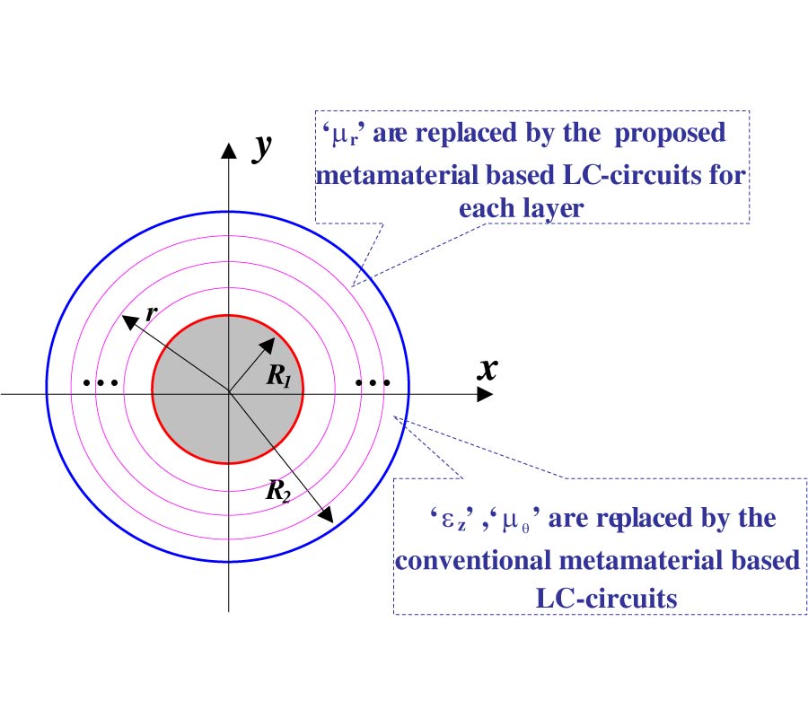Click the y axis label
pos(262,147)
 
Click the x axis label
pos(487,369)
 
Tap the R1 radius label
pos(279,375)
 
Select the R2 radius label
pos(278,490)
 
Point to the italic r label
pos(152,312)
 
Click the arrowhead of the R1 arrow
pos(268,346)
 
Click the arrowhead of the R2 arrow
pos(326,514)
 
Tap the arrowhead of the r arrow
pos(129,321)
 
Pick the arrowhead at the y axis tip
pos(229,151)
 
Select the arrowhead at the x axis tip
pos(485,395)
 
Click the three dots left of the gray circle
pos(101,382)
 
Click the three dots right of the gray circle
pos(373,382)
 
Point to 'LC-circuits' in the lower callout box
pos(607,599)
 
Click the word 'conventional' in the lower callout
pos(473,560)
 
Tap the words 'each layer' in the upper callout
pos(521,209)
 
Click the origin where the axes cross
pos(229,394)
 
